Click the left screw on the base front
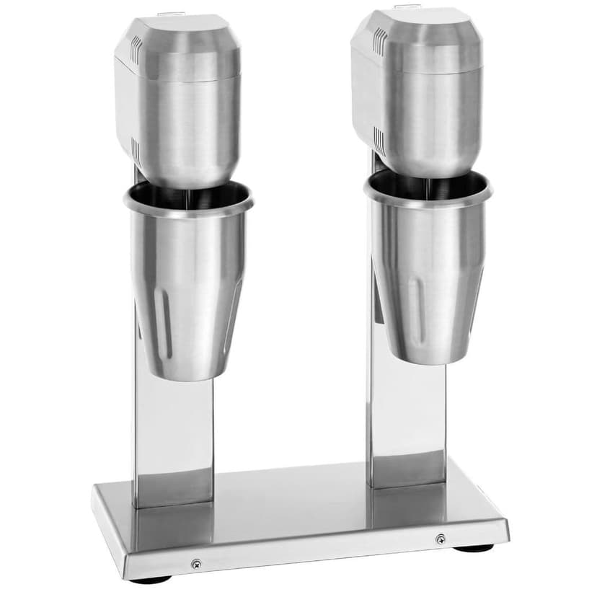pos(195,565)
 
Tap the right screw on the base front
pos(441,539)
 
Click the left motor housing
pos(180,94)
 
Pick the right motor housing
pos(418,87)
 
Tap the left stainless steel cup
pos(189,288)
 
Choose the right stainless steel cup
pos(429,274)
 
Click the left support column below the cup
pos(173,440)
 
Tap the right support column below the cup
pos(407,418)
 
